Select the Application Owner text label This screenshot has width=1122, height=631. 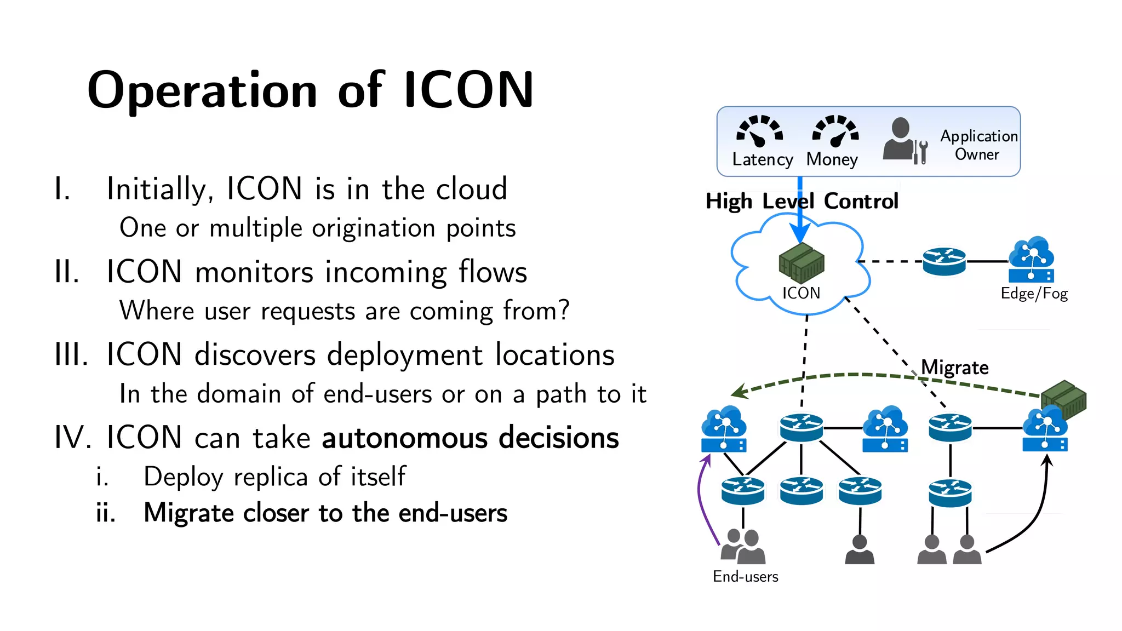(978, 145)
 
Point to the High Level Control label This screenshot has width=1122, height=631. (802, 202)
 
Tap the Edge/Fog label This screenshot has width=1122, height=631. (1034, 294)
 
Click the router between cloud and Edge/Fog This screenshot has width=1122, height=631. (944, 261)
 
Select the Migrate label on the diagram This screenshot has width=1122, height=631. (954, 367)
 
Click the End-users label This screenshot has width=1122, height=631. (745, 576)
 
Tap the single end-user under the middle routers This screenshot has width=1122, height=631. (860, 550)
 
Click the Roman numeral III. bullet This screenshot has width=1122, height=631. (71, 354)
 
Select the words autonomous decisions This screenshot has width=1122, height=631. (470, 438)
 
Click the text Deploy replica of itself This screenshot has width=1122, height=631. (274, 477)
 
